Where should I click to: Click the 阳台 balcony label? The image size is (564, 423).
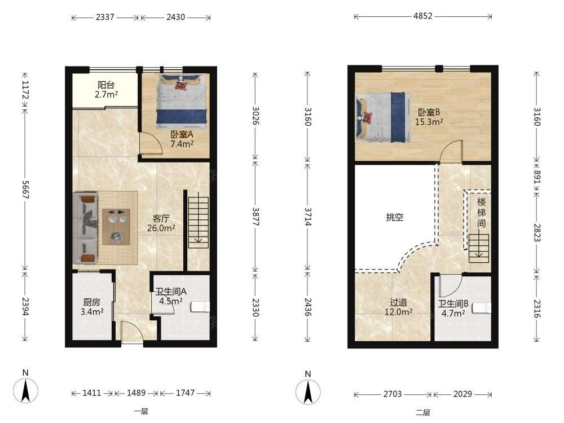(x=106, y=85)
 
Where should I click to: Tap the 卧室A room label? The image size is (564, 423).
(x=182, y=135)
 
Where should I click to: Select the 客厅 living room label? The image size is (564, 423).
(x=161, y=219)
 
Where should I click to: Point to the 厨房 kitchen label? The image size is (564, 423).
(x=92, y=302)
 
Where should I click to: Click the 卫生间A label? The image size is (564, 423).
(x=171, y=292)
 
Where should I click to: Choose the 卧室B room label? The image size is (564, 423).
(x=429, y=112)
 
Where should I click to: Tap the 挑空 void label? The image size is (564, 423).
(x=395, y=217)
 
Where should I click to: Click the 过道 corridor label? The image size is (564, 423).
(x=399, y=302)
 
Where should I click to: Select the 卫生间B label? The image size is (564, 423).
(x=453, y=304)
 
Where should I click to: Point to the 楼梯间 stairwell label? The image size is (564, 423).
(x=482, y=213)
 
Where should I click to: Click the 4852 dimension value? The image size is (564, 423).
(x=423, y=16)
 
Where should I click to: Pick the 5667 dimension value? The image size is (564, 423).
(x=25, y=190)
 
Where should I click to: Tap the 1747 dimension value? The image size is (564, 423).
(x=185, y=393)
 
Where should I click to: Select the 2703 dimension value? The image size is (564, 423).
(x=393, y=394)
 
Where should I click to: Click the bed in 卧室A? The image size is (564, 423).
(x=182, y=100)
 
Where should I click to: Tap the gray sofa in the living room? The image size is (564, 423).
(x=85, y=228)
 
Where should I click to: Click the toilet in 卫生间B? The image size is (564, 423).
(x=482, y=309)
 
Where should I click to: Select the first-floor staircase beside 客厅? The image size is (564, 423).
(x=199, y=222)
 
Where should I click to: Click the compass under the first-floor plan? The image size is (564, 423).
(x=25, y=390)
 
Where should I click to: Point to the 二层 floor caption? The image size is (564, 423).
(x=423, y=412)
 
